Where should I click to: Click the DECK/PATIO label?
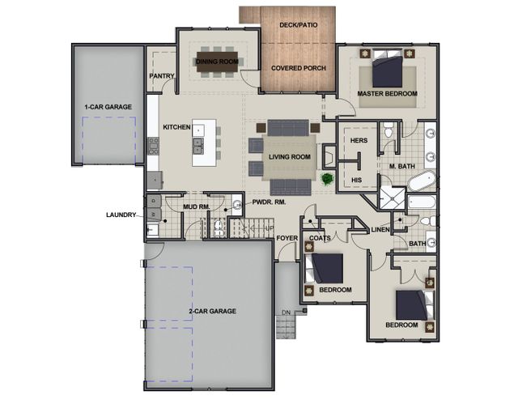299,25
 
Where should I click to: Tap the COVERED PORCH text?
299,68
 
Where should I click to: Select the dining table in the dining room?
217,62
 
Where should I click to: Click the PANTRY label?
162,76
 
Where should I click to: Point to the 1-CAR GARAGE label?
108,107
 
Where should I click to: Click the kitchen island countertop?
204,143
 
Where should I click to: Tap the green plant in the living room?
327,180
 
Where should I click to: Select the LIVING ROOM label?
290,157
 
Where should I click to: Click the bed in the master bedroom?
387,69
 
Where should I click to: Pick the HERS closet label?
359,141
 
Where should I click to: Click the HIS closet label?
356,181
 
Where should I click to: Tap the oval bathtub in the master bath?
422,181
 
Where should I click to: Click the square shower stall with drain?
392,198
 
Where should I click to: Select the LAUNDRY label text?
121,215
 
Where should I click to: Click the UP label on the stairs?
270,228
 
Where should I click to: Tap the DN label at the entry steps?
286,313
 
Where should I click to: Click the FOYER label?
287,238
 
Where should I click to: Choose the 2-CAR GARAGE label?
212,311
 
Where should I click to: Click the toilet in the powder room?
219,228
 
